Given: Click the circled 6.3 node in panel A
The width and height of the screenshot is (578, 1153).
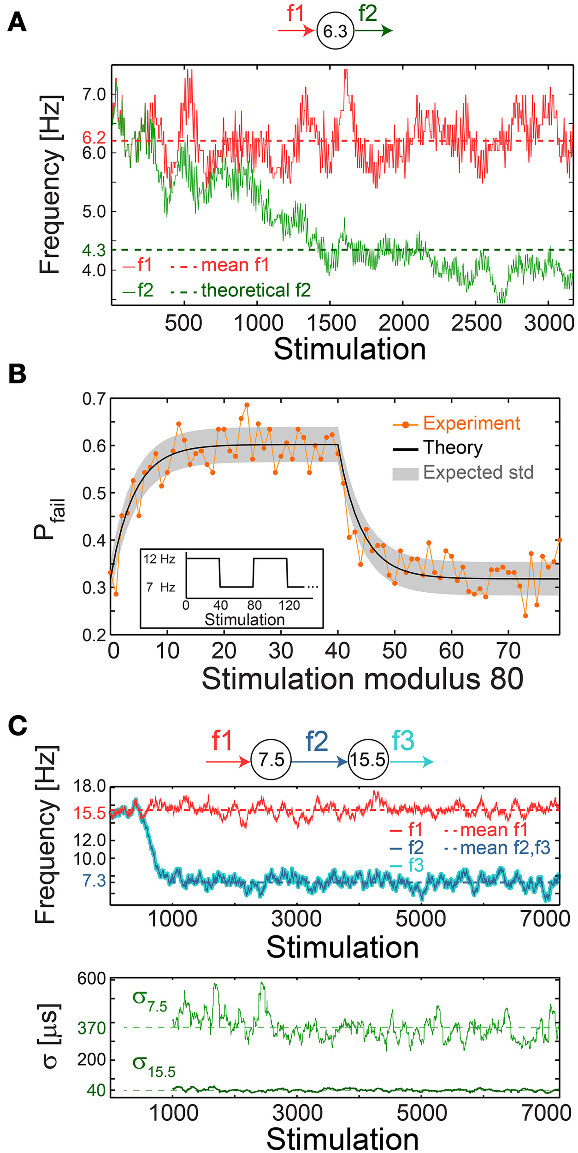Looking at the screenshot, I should (335, 31).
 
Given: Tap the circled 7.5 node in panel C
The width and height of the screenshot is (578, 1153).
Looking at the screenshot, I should (271, 759).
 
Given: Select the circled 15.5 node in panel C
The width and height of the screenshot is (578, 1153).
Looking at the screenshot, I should (368, 759).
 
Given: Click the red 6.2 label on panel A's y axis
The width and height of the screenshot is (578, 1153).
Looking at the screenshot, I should (94, 137).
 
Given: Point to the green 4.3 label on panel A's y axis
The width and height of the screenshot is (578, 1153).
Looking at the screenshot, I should (94, 250).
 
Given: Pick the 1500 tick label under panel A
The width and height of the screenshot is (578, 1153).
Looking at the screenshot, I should (331, 323).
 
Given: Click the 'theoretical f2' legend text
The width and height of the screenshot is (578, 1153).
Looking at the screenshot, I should (256, 290).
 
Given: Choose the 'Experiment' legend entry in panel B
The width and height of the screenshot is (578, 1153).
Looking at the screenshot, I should (472, 423).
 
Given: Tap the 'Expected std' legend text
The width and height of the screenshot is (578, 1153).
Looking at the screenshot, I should (478, 472).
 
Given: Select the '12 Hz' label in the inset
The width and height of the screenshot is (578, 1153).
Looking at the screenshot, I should (159, 559).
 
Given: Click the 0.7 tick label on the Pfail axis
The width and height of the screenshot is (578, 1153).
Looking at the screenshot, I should (94, 399).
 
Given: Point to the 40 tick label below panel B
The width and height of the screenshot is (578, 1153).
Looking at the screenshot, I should (337, 651).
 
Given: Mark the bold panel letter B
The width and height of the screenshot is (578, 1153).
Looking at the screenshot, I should (17, 374).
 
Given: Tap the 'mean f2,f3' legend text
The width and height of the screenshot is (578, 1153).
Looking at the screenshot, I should (505, 848).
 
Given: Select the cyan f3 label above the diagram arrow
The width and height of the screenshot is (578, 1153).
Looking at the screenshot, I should (403, 741).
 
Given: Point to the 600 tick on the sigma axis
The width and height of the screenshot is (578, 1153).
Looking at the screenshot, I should (92, 978).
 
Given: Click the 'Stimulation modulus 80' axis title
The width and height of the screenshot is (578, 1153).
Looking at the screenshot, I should (362, 679).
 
